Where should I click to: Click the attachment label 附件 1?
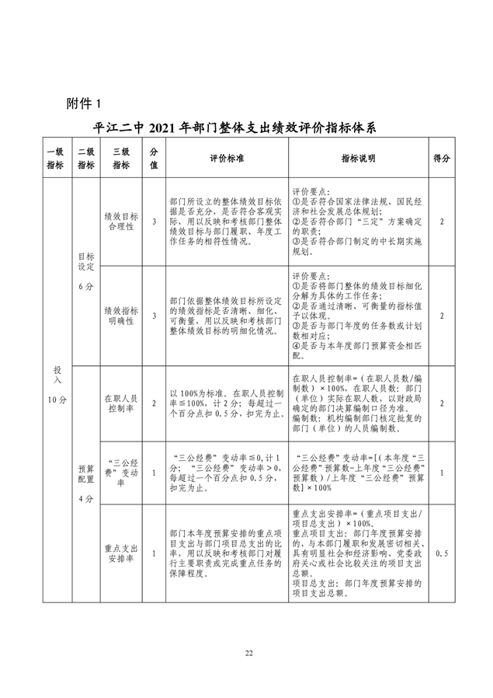(x=79, y=103)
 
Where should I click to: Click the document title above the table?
(x=245, y=127)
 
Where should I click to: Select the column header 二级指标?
(x=85, y=159)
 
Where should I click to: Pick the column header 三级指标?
(x=121, y=159)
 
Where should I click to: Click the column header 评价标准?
(x=226, y=159)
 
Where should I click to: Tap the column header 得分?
(x=442, y=159)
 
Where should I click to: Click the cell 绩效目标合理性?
(x=121, y=222)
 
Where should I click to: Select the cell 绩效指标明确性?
(x=121, y=315)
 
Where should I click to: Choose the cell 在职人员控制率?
(x=121, y=403)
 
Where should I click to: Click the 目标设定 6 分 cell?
(x=85, y=270)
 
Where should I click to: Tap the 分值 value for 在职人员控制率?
(x=154, y=403)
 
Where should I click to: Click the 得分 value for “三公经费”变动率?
(x=442, y=473)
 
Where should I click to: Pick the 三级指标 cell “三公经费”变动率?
(x=121, y=473)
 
